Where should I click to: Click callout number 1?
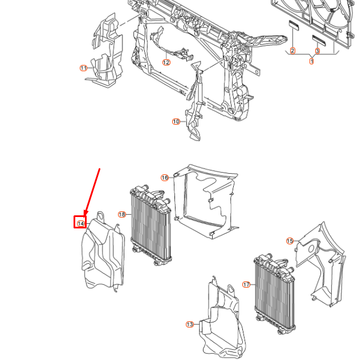(312, 61)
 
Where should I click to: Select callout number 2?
(292, 51)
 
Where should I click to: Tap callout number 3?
(318, 51)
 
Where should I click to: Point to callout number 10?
(176, 121)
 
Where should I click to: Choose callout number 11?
(83, 68)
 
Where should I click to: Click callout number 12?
(166, 63)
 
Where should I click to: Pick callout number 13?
(189, 324)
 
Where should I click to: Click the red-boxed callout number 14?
(81, 223)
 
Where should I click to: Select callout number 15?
(290, 241)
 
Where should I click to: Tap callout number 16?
(165, 178)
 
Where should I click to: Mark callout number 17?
(246, 284)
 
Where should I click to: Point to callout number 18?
(121, 215)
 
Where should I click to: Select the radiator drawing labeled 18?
(151, 228)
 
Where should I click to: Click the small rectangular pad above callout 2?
(294, 25)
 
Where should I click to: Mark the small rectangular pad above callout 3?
(318, 39)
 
